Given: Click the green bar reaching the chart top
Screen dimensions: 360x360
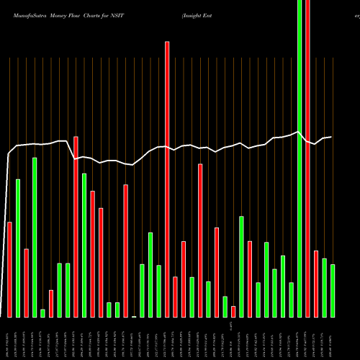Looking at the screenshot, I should (300, 158).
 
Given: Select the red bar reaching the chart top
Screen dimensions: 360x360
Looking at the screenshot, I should (307, 158).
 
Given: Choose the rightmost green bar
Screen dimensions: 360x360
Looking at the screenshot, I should (333, 290).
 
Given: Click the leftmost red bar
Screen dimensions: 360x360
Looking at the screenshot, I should (10, 269).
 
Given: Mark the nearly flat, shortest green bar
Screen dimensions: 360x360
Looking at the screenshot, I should (134, 316).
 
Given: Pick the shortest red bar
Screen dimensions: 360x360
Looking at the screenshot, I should (233, 311).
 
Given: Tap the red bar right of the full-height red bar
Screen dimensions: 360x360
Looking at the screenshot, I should (316, 283).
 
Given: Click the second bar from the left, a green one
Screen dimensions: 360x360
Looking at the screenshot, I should (18, 248).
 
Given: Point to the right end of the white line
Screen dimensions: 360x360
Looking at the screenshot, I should (331, 137).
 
